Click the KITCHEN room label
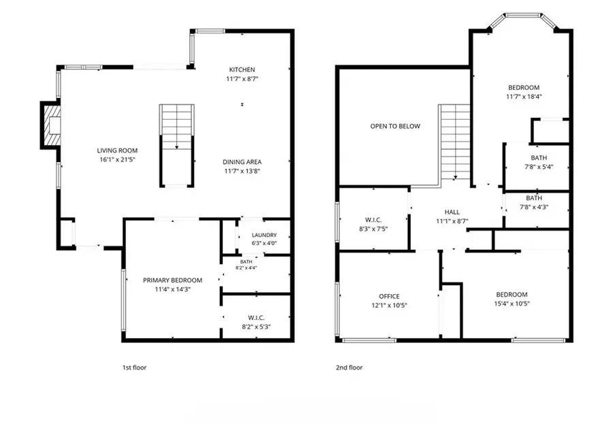point(242,69)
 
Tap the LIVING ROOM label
point(117,150)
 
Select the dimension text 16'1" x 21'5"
point(117,159)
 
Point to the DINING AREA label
point(242,162)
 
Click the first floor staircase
point(176,145)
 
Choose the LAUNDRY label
point(264,235)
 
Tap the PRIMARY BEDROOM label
point(172,280)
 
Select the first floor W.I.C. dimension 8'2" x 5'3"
point(256,327)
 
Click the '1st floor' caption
point(134,368)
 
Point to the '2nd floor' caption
point(349,368)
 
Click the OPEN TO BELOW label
point(395,126)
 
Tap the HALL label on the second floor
point(452,212)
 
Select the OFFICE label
point(389,296)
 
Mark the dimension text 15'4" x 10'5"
point(512,304)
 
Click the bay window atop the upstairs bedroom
point(523,20)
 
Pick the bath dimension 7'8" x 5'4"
point(539,167)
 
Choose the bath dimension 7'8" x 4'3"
point(534,207)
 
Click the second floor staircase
point(455,142)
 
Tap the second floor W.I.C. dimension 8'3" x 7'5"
point(373,229)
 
